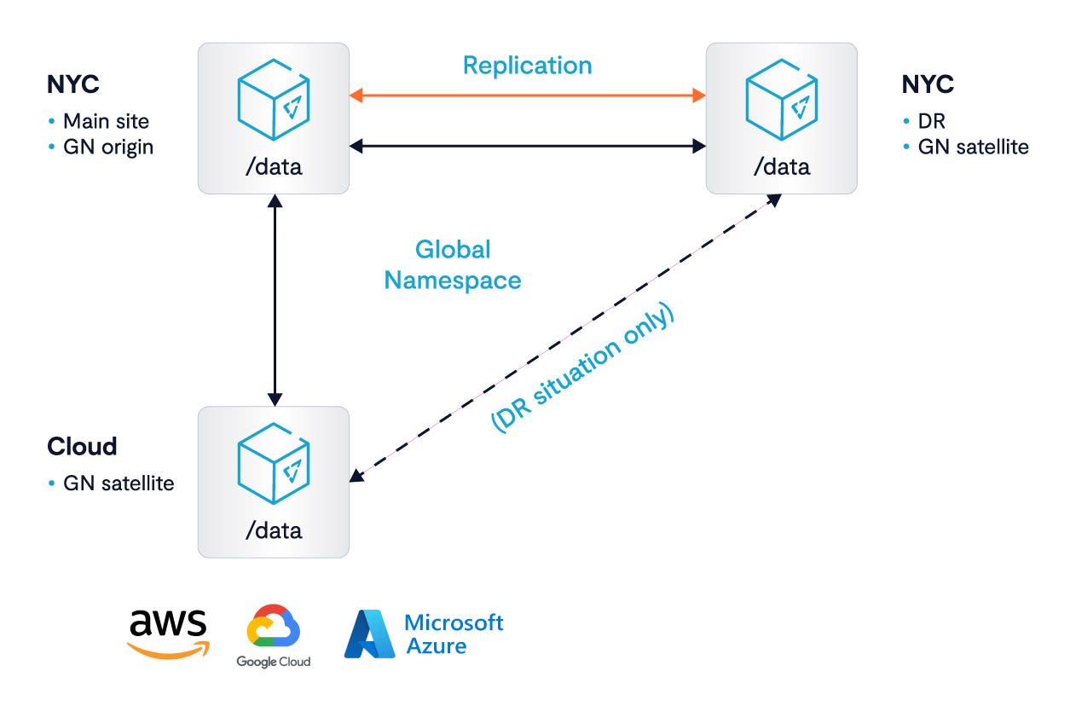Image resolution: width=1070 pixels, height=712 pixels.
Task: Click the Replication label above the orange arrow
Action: tap(528, 66)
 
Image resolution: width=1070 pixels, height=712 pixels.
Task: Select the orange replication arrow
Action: tap(528, 96)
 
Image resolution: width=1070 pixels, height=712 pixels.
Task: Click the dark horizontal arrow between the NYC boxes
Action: tap(528, 146)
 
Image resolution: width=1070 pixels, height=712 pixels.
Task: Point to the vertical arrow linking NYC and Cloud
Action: tap(275, 300)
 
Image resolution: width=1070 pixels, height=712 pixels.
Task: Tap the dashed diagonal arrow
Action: tap(565, 338)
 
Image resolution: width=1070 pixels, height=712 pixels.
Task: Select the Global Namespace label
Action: tap(453, 265)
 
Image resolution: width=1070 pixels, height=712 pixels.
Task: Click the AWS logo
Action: tap(168, 634)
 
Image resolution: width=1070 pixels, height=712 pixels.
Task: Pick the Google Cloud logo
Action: tap(273, 635)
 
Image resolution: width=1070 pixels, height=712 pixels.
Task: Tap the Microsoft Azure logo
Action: tap(424, 634)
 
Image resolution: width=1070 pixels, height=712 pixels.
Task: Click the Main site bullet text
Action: tap(106, 121)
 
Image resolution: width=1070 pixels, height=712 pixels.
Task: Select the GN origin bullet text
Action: tap(108, 148)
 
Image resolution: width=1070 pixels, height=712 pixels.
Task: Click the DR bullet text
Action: tap(932, 121)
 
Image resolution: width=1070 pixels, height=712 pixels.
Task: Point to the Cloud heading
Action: tap(82, 446)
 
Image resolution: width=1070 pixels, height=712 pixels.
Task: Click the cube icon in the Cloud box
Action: tap(274, 463)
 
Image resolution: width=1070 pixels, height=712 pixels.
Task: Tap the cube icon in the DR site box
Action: tap(782, 100)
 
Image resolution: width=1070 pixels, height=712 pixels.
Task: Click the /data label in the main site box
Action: tap(274, 167)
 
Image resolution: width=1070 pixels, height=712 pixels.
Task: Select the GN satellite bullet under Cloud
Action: tap(119, 483)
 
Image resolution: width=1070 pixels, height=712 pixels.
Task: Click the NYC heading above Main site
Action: tap(73, 84)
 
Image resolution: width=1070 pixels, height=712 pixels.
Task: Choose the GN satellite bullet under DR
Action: tap(974, 148)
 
